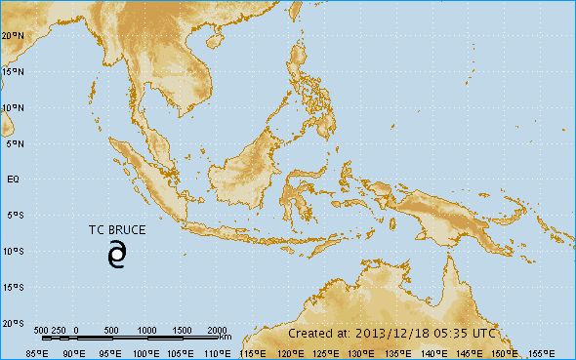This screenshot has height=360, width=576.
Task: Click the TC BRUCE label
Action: (117, 231)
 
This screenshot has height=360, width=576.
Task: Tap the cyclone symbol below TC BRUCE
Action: (117, 255)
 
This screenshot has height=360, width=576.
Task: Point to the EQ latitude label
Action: (14, 180)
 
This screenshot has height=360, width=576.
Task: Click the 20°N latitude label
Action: (14, 35)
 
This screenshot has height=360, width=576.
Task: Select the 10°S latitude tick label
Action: (14, 251)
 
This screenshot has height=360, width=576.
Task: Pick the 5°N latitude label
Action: (14, 143)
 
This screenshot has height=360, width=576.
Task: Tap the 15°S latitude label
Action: (14, 287)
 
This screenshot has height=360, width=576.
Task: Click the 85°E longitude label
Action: (37, 352)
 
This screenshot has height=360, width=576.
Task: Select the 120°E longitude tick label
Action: (288, 352)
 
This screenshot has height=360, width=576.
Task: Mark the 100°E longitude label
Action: (144, 352)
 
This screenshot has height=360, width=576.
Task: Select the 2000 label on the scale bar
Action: (218, 330)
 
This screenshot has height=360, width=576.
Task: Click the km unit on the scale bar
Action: (226, 338)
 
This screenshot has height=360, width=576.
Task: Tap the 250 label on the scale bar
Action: (59, 330)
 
